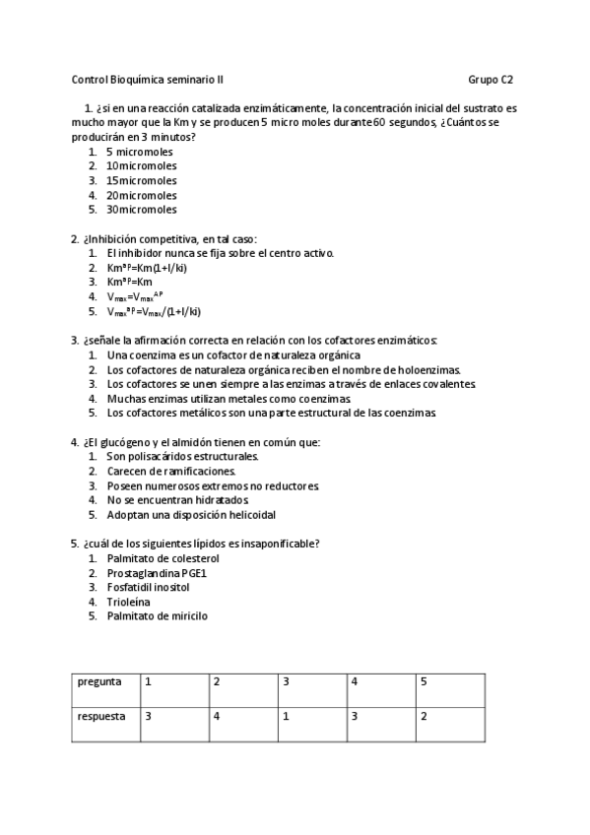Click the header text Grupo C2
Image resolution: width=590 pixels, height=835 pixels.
[x=490, y=80]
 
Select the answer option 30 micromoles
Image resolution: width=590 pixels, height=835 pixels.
[x=142, y=210]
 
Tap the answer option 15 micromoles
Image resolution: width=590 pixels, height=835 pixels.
[x=142, y=181]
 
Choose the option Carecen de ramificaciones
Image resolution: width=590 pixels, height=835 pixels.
[x=171, y=471]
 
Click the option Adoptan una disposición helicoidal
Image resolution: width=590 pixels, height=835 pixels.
[x=191, y=514]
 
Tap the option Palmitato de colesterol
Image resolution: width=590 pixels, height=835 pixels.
[x=163, y=558]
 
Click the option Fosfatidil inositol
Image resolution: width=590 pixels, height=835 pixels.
[x=148, y=587]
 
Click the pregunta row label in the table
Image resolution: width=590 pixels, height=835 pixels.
[x=99, y=681]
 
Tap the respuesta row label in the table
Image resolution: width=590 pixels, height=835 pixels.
[x=101, y=717]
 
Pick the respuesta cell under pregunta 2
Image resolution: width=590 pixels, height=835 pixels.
[x=242, y=717]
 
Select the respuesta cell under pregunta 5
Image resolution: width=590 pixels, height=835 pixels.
[x=449, y=717]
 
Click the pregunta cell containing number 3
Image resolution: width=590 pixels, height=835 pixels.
[x=311, y=681]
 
